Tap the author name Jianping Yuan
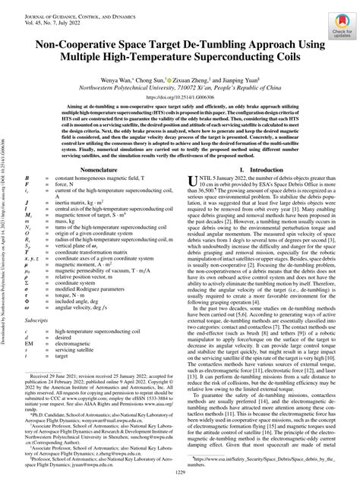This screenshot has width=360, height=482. click(242, 77)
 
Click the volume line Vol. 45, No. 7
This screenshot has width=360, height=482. click(47, 15)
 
